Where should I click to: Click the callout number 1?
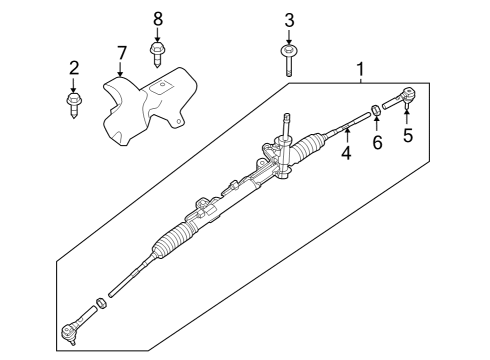(361, 72)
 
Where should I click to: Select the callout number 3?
(289, 20)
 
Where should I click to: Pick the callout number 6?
(377, 143)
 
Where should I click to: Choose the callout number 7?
(121, 51)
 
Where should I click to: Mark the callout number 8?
(157, 20)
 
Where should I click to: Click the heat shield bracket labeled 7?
(145, 100)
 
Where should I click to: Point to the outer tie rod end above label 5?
(405, 101)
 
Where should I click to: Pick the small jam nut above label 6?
(376, 110)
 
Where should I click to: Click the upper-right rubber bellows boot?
(304, 149)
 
